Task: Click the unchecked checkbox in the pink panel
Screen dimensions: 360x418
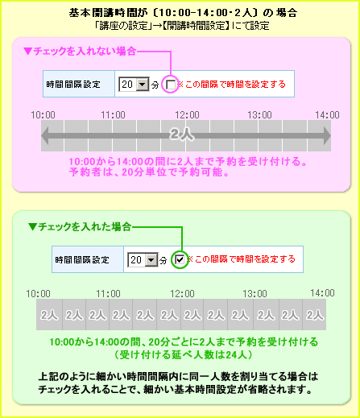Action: click(x=171, y=85)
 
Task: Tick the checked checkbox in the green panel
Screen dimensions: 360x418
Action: click(x=180, y=259)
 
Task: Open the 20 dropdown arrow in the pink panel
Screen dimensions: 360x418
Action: click(x=143, y=85)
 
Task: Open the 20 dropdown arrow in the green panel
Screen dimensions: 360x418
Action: click(x=151, y=259)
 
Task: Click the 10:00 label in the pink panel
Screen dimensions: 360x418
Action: click(x=43, y=115)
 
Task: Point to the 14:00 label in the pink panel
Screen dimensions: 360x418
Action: click(x=327, y=115)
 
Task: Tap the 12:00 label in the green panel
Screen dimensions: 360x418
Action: click(x=182, y=294)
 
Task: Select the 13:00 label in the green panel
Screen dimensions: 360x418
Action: click(x=254, y=294)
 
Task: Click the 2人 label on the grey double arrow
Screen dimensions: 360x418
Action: click(x=182, y=134)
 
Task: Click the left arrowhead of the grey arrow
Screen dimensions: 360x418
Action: click(x=45, y=135)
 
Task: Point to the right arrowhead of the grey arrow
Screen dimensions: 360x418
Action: click(x=327, y=135)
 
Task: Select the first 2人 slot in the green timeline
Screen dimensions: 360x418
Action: click(x=49, y=315)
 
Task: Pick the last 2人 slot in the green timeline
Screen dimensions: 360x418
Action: click(x=314, y=315)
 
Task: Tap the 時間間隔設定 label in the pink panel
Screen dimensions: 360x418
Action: click(x=73, y=85)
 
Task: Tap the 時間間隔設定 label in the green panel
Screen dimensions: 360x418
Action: click(x=82, y=260)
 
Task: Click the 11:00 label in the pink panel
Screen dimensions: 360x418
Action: click(x=113, y=115)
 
